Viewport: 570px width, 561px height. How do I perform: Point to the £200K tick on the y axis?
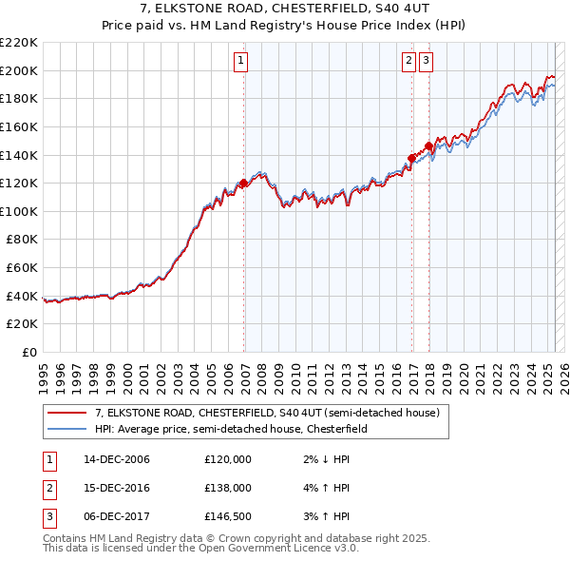pyautogui.click(x=20, y=70)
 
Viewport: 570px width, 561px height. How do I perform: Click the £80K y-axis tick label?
pyautogui.click(x=23, y=240)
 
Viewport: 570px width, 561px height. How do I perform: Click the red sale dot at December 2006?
pyautogui.click(x=244, y=183)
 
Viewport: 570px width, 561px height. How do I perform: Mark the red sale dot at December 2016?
pyautogui.click(x=411, y=158)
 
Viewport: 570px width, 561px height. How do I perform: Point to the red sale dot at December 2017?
pyautogui.click(x=428, y=145)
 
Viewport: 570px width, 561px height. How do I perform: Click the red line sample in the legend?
pyautogui.click(x=66, y=414)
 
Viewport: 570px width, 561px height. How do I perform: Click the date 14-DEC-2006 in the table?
pyautogui.click(x=116, y=459)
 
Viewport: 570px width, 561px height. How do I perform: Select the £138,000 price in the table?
pyautogui.click(x=228, y=487)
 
